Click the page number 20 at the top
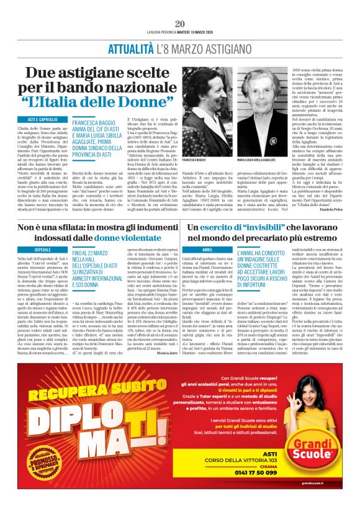click(x=180, y=24)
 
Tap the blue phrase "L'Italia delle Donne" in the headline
click(x=93, y=101)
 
